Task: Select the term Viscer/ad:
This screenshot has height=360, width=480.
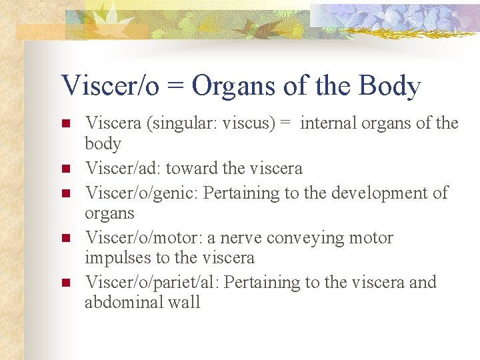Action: (x=117, y=169)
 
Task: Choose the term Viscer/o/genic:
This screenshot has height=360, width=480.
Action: (x=141, y=193)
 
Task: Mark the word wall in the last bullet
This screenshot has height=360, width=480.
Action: (x=185, y=302)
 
